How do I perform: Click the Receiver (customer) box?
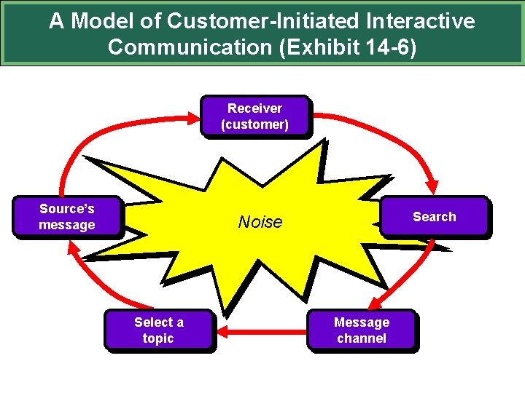(x=254, y=116)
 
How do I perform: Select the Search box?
(x=434, y=217)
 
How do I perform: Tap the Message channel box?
(x=362, y=330)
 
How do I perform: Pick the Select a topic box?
(x=158, y=330)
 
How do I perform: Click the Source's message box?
(x=67, y=217)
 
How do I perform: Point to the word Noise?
(x=260, y=222)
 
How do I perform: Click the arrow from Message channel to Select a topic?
(x=262, y=332)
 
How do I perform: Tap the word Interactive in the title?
(x=421, y=21)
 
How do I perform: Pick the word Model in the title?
(x=101, y=21)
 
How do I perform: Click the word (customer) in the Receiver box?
(x=254, y=124)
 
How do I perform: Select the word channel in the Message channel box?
(x=362, y=338)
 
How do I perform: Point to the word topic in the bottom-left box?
(x=158, y=338)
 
